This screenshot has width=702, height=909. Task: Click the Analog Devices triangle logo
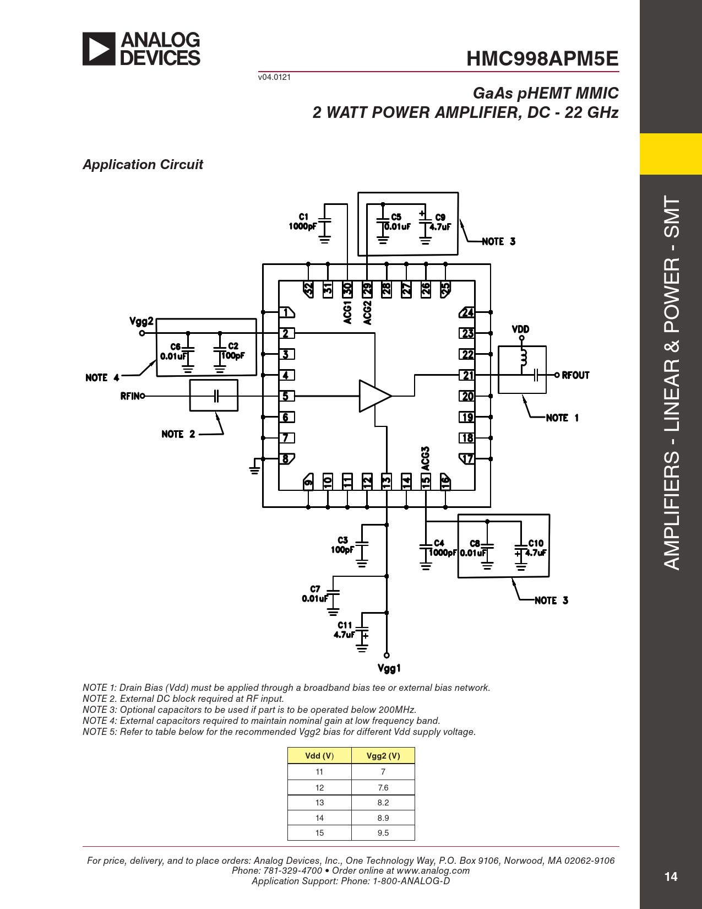[x=99, y=49]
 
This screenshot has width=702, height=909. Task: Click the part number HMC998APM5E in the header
[x=542, y=58]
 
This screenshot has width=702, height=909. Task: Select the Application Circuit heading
[x=143, y=164]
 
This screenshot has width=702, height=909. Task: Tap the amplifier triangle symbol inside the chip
[x=375, y=396]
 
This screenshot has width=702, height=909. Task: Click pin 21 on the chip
[x=467, y=375]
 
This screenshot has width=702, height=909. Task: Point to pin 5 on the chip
[x=286, y=396]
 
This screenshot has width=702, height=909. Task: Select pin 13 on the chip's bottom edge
[x=387, y=481]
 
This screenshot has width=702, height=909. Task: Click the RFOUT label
[x=575, y=375]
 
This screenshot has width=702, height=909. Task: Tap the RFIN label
[x=130, y=396]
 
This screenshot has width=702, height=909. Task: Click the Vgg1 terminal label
[x=389, y=668]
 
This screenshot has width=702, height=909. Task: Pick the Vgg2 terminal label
[x=142, y=321]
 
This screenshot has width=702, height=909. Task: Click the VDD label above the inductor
[x=520, y=329]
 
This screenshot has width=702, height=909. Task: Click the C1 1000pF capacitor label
[x=303, y=221]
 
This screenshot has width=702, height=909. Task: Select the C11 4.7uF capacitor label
[x=345, y=630]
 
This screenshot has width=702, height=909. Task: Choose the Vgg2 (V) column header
[x=383, y=756]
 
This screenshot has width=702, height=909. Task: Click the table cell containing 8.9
[x=383, y=818]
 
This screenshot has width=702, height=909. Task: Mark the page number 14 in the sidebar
[x=671, y=877]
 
